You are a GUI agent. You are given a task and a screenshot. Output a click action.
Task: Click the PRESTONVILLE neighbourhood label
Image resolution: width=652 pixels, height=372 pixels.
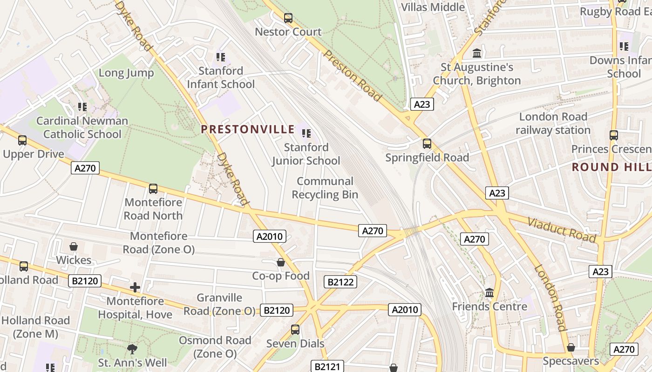(x=248, y=129)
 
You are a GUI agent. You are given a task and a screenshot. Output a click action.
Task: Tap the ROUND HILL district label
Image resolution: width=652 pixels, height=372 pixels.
(x=611, y=167)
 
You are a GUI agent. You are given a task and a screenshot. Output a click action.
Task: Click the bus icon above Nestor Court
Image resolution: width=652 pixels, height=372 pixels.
(x=288, y=18)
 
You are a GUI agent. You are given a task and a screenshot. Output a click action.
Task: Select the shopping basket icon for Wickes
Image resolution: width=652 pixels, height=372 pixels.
(x=74, y=246)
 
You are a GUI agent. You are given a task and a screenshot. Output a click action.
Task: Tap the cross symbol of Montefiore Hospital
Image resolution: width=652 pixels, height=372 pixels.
(x=135, y=287)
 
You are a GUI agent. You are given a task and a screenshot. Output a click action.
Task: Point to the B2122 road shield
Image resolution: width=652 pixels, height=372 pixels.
(x=340, y=281)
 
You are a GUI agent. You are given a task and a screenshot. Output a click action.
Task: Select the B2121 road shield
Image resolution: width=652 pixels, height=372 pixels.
(x=327, y=366)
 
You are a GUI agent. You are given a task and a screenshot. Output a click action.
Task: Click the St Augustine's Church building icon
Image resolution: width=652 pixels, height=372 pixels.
(x=477, y=53)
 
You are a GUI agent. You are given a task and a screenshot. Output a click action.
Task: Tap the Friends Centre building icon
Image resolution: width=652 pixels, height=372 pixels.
(x=489, y=293)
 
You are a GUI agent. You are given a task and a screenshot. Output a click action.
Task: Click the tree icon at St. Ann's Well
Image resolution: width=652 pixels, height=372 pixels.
(x=132, y=349)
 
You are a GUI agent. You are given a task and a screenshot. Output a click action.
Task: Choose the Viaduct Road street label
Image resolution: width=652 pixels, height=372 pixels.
(x=562, y=230)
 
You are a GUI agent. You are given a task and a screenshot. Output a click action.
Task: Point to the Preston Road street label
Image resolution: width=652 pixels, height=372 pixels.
(x=353, y=76)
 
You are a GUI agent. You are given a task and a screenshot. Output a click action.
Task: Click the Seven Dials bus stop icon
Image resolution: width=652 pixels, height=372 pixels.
(x=295, y=330)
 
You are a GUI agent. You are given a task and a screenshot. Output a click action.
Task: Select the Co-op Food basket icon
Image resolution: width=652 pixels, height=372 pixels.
(x=281, y=263)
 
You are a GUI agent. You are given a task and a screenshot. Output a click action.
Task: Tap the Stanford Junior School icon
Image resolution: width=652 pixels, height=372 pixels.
(x=306, y=134)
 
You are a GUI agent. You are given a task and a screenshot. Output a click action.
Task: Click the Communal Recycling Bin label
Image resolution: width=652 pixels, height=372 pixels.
(x=325, y=188)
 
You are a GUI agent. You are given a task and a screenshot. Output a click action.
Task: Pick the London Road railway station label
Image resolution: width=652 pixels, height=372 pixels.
(x=553, y=123)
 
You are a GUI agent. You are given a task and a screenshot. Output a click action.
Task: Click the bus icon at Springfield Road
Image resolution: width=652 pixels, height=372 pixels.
(x=427, y=144)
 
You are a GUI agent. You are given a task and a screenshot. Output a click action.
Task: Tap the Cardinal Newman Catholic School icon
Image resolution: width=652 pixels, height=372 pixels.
(x=82, y=107)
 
